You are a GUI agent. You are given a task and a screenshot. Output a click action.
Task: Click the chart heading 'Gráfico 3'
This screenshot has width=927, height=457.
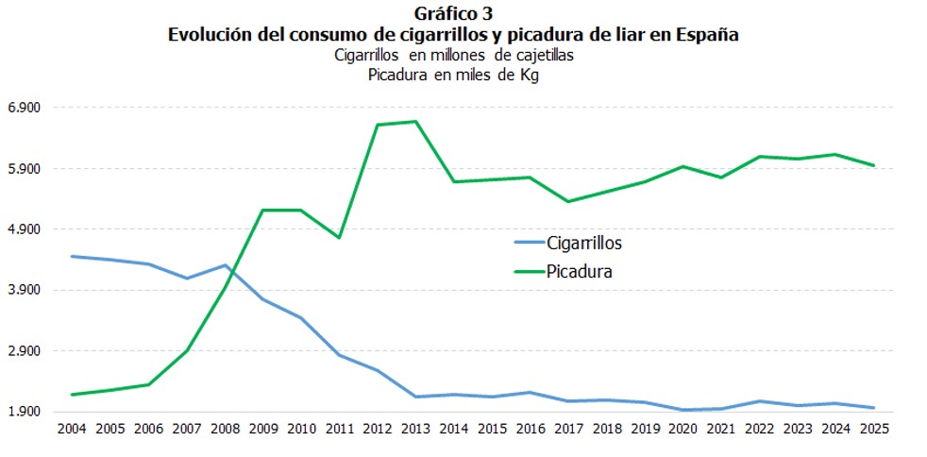pyautogui.click(x=452, y=13)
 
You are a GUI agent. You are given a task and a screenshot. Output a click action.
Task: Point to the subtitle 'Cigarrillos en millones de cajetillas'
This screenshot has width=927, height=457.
pyautogui.click(x=453, y=56)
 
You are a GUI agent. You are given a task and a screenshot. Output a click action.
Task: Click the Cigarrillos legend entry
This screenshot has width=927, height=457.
pyautogui.click(x=583, y=243)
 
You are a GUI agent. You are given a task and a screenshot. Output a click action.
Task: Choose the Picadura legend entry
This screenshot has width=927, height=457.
pyautogui.click(x=580, y=271)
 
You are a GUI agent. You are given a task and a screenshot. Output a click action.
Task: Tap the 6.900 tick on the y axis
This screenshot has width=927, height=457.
pyautogui.click(x=25, y=108)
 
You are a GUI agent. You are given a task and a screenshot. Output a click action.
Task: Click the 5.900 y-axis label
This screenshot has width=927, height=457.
pyautogui.click(x=25, y=169)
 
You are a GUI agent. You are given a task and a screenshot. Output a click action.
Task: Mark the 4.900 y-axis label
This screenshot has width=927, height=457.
pyautogui.click(x=25, y=229)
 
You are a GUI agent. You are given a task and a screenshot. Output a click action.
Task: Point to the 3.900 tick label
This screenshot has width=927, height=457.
pyautogui.click(x=25, y=290)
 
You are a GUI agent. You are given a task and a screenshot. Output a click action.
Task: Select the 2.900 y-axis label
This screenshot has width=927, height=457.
pyautogui.click(x=25, y=351)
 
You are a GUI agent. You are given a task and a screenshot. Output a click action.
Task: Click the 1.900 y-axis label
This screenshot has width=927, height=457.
pyautogui.click(x=25, y=412)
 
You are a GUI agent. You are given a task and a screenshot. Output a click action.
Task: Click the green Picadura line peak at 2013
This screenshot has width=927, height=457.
pyautogui.click(x=415, y=121)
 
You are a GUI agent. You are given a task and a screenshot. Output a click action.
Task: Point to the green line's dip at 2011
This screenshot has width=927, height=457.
pyautogui.click(x=339, y=237)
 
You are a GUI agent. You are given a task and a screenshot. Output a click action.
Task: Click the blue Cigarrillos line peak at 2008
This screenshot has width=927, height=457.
pyautogui.click(x=225, y=265)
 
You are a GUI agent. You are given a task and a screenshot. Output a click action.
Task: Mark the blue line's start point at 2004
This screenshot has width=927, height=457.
pyautogui.click(x=72, y=256)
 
